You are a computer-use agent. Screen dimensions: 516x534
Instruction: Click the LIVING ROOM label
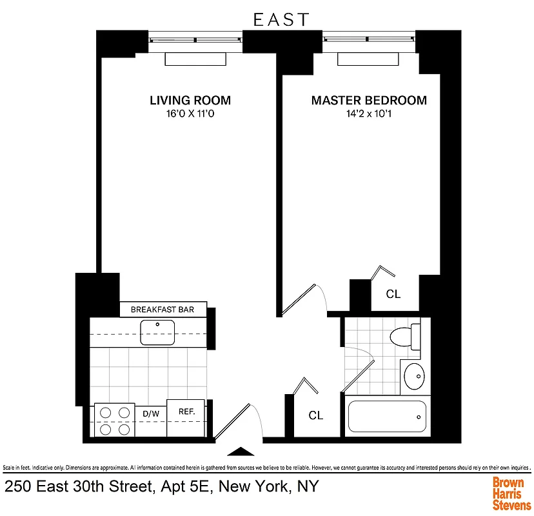pyautogui.click(x=190, y=101)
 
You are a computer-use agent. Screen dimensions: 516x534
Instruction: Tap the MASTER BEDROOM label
pyautogui.click(x=369, y=101)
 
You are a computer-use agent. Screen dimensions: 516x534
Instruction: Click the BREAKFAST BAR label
pyautogui.click(x=163, y=310)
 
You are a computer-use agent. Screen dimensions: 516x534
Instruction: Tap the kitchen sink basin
pyautogui.click(x=158, y=333)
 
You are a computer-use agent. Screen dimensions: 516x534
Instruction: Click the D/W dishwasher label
pyautogui.click(x=150, y=413)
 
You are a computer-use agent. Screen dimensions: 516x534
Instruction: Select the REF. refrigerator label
pyautogui.click(x=186, y=411)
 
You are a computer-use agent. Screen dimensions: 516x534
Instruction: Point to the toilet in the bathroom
pyautogui.click(x=404, y=337)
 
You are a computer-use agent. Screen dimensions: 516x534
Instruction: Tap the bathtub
pyautogui.click(x=387, y=417)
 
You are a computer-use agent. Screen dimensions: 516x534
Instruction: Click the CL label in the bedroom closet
pyautogui.click(x=393, y=294)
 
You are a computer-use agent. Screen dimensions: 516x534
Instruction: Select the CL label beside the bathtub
pyautogui.click(x=315, y=416)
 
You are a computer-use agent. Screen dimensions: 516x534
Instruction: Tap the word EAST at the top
pyautogui.click(x=281, y=20)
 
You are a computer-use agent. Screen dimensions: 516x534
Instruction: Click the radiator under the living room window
pyautogui.click(x=196, y=59)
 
